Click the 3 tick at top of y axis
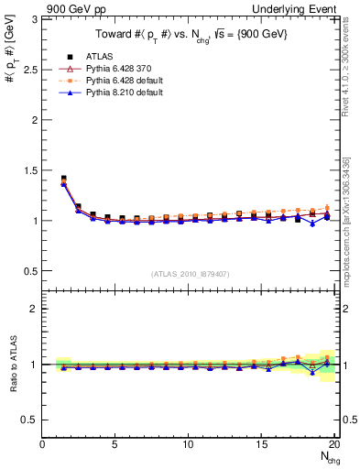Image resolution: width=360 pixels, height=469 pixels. tap(35, 19)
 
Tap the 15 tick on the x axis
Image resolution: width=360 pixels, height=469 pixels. tap(261, 444)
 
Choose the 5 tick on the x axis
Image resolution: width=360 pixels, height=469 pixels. tap(115, 444)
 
